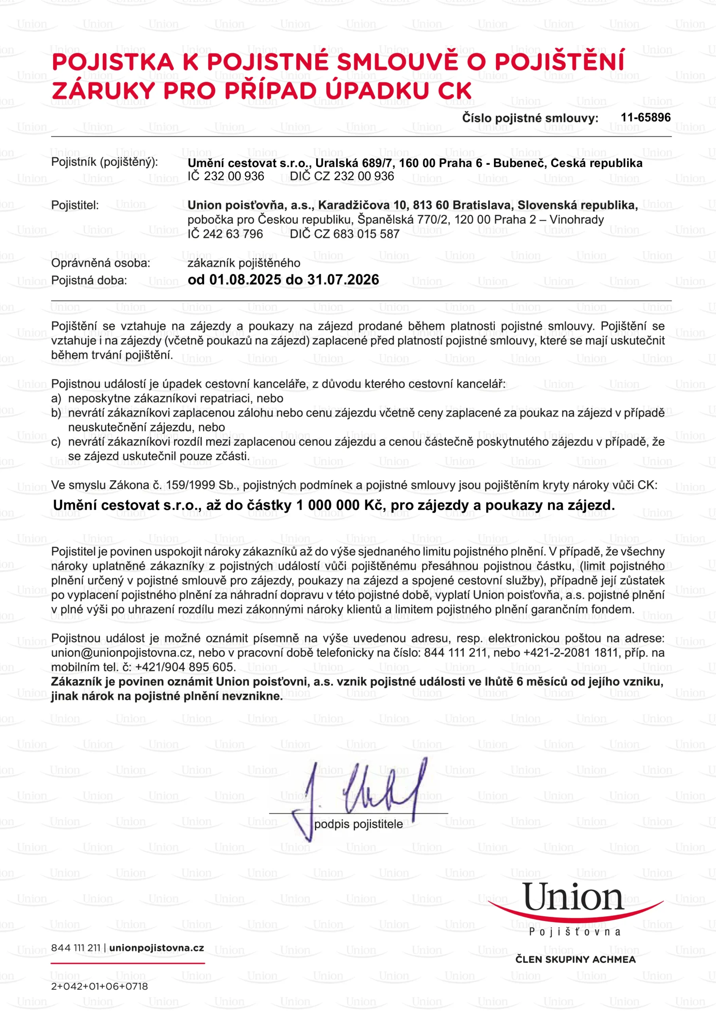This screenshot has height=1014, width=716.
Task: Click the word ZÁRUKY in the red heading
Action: click(103, 91)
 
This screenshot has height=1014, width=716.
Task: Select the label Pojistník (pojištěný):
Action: click(104, 162)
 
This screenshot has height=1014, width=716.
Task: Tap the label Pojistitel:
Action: click(75, 205)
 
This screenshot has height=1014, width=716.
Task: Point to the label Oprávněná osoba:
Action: click(100, 263)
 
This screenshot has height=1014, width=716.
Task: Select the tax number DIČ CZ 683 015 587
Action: click(345, 234)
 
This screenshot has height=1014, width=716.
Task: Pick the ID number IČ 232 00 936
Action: click(226, 176)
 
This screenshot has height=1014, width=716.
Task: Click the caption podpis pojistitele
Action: click(358, 825)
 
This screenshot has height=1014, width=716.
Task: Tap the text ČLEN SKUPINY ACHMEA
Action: click(575, 959)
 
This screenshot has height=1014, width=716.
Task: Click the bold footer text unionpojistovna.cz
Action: click(157, 948)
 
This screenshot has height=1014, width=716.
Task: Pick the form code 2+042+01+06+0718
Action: click(99, 986)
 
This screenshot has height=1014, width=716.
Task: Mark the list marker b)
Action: click(56, 413)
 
